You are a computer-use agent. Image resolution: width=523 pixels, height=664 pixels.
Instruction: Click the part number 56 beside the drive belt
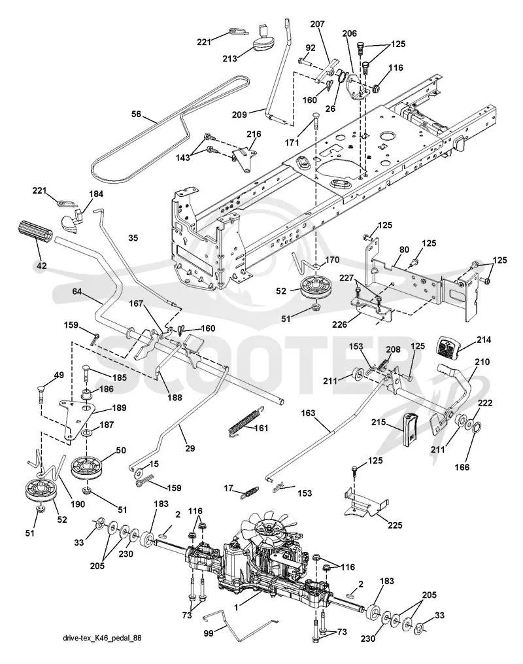pyautogui.click(x=136, y=114)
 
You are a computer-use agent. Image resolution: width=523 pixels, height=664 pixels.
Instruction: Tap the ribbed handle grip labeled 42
pyautogui.click(x=34, y=232)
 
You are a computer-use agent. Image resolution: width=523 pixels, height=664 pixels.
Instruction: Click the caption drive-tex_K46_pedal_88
pyautogui.click(x=102, y=638)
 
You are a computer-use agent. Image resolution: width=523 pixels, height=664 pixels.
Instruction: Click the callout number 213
pyautogui.click(x=229, y=58)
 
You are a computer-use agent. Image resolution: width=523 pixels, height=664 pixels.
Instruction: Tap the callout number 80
pyautogui.click(x=405, y=249)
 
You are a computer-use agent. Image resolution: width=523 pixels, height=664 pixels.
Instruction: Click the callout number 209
pyautogui.click(x=239, y=114)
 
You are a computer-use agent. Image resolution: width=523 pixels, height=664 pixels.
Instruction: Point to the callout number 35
pyautogui.click(x=133, y=238)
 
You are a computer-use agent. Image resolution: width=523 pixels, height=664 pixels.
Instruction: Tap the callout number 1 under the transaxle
pyautogui.click(x=236, y=608)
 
